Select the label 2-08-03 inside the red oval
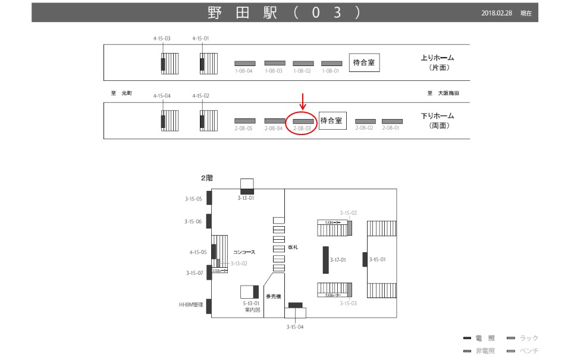[303, 128]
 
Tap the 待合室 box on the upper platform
[364, 62]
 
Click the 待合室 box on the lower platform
[331, 121]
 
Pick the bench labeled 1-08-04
[244, 63]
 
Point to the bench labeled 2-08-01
[392, 121]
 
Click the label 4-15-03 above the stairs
[162, 38]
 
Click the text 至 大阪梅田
[443, 93]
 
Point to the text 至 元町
[121, 93]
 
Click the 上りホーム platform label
[437, 58]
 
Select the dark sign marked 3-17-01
[325, 260]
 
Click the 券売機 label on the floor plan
[273, 296]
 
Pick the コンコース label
[244, 252]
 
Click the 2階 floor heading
[206, 177]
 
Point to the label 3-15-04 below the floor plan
[294, 327]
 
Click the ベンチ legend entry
[523, 351]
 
